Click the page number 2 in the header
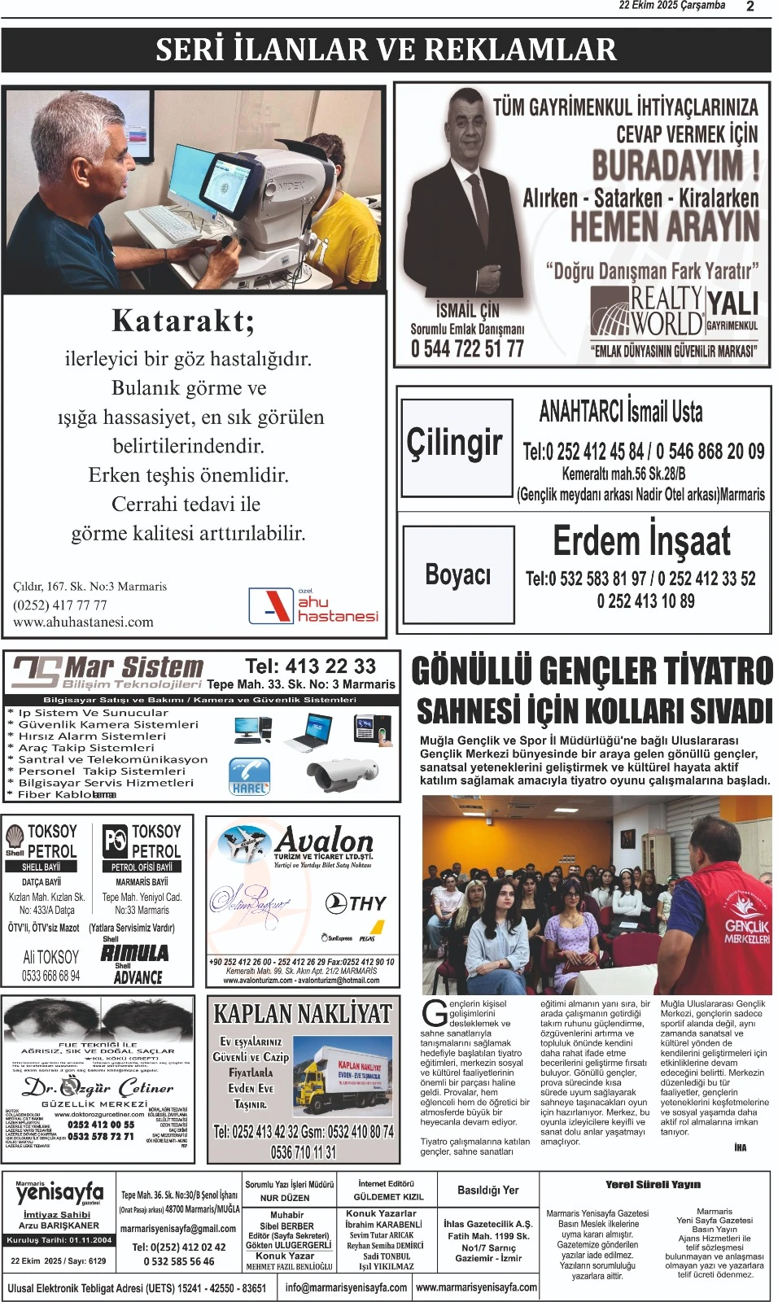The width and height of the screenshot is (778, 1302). tap(750, 7)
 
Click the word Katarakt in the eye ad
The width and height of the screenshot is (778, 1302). tap(183, 321)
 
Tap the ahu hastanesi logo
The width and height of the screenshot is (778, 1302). tap(313, 605)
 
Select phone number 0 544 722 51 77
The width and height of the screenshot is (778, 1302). tap(467, 349)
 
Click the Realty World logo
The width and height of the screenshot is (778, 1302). tap(648, 312)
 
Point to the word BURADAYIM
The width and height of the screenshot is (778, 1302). tap(675, 165)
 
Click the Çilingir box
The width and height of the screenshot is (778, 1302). tap(457, 446)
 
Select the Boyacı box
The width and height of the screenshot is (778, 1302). tap(458, 575)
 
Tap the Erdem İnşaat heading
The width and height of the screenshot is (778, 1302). tap(641, 541)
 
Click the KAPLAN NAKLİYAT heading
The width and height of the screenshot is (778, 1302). tap(303, 1014)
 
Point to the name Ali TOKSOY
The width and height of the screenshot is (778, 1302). tap(51, 957)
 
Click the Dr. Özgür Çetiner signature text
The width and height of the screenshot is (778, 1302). tap(98, 1087)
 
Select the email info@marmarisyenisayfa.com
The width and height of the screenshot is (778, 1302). tap(346, 1287)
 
